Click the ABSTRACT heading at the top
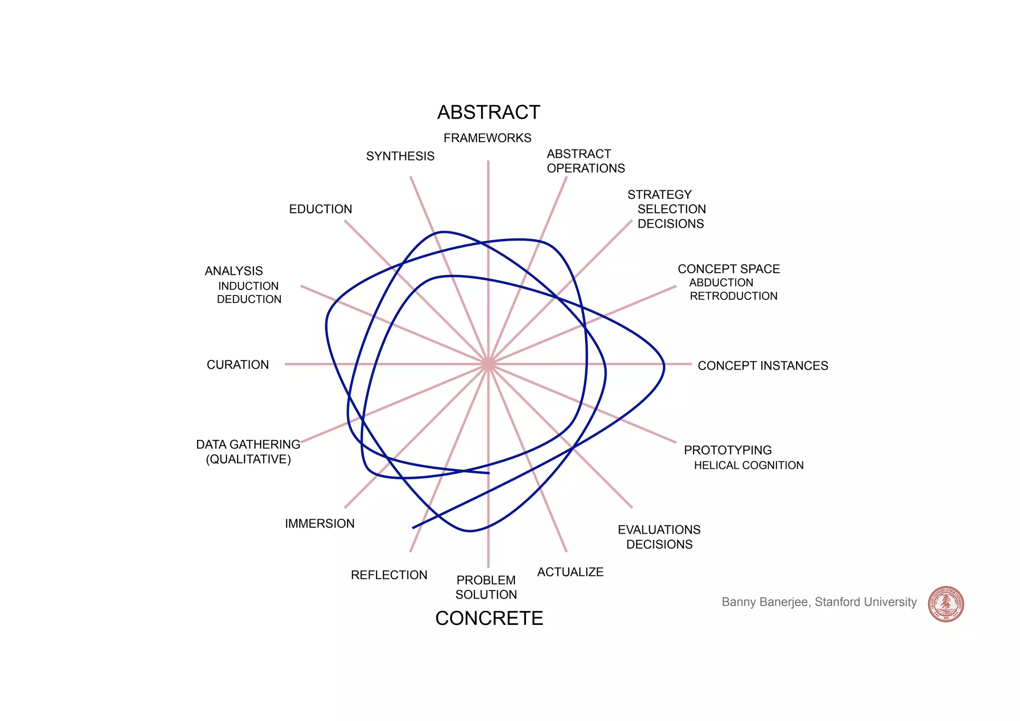coord(489,113)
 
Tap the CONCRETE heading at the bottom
coord(489,618)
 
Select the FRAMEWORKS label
coord(487,138)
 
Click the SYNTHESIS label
coord(400,156)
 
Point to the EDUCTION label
coord(320,209)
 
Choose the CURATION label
coord(238,365)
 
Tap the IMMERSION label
coord(319,524)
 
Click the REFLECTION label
coord(389,575)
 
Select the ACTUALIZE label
coord(570,572)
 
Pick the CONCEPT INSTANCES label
coord(763,366)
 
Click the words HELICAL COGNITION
coord(749,465)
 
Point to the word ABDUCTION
coord(721,283)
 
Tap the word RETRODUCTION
coord(733,296)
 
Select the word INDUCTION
coord(248,286)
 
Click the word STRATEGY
coord(659,195)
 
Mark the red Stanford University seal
coord(946,604)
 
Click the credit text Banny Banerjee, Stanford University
coord(819,602)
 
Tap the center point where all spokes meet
coord(488,364)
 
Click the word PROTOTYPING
coord(728,450)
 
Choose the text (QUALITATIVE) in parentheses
coord(248,459)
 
